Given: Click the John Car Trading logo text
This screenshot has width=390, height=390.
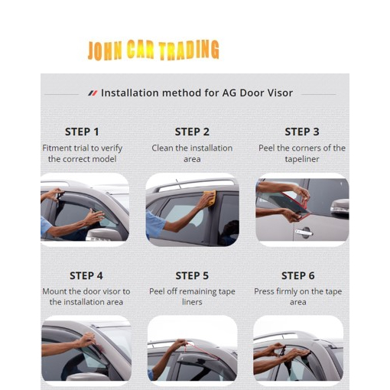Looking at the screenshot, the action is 153,50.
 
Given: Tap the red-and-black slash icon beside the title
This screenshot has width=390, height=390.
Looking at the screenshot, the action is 93,93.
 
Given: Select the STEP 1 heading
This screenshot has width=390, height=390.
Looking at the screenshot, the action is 82,132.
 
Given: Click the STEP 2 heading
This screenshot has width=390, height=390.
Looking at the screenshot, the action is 192,132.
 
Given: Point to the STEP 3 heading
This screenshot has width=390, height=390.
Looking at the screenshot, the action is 302,132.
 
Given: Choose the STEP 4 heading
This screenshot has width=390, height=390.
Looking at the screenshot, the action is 86,275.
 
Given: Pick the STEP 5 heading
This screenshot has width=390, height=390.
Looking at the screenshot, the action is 192,275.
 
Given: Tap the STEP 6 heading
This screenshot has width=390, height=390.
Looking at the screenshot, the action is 298,275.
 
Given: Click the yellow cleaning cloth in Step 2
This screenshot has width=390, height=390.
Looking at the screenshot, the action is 210,198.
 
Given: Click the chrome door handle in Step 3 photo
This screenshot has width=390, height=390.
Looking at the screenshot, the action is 304,232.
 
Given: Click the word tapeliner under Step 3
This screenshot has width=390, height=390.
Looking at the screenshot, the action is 302,159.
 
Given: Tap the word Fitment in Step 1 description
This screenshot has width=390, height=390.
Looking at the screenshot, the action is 57,148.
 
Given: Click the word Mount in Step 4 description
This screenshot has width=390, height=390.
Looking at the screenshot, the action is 54,291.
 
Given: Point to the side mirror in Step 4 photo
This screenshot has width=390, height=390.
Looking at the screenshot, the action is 86,377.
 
